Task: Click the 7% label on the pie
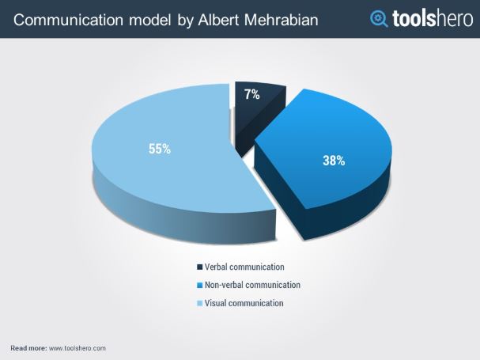pyautogui.click(x=252, y=95)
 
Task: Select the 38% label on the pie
pyautogui.click(x=333, y=161)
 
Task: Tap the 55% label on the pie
pyautogui.click(x=159, y=149)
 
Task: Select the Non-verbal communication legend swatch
pyautogui.click(x=198, y=285)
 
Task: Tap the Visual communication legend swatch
pyautogui.click(x=198, y=303)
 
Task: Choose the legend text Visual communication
pyautogui.click(x=244, y=303)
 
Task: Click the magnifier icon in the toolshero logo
pyautogui.click(x=380, y=18)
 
